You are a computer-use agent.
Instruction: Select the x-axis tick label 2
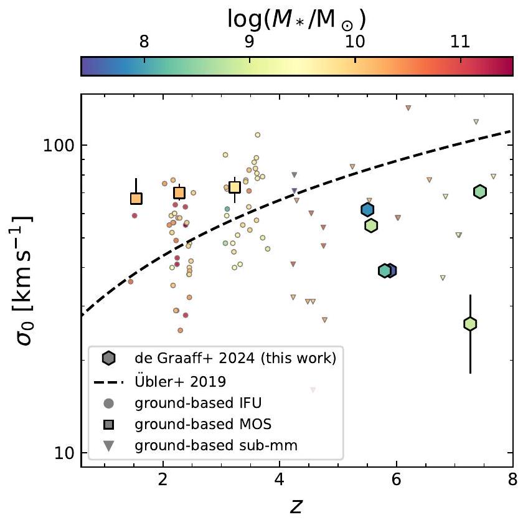(163, 481)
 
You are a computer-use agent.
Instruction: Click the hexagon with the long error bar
(470, 323)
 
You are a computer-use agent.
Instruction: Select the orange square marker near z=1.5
(136, 199)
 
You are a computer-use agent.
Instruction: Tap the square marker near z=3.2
(235, 187)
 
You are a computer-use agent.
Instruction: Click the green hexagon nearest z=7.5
(479, 191)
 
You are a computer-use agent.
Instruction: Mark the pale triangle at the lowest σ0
(313, 390)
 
